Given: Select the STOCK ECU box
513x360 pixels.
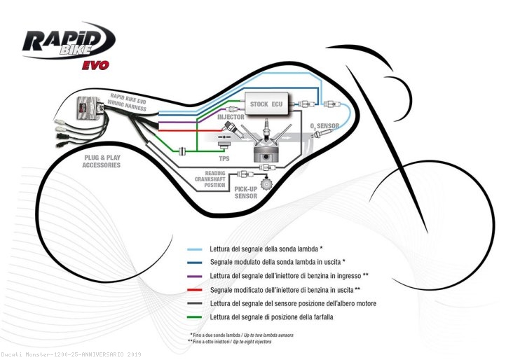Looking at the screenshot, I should pyautogui.click(x=266, y=104).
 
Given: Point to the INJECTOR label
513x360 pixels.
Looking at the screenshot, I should pyautogui.click(x=231, y=117).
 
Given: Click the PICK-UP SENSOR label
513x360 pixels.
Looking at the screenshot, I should pyautogui.click(x=245, y=193).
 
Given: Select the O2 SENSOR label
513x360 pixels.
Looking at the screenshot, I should pyautogui.click(x=325, y=127).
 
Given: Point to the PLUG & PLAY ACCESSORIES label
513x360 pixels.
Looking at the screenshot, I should pyautogui.click(x=101, y=162).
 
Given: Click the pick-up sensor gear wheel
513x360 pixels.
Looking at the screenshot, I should pyautogui.click(x=266, y=185).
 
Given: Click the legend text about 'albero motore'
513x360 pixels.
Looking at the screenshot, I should pyautogui.click(x=293, y=303).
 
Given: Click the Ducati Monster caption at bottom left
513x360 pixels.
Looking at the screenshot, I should pyautogui.click(x=71, y=354).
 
